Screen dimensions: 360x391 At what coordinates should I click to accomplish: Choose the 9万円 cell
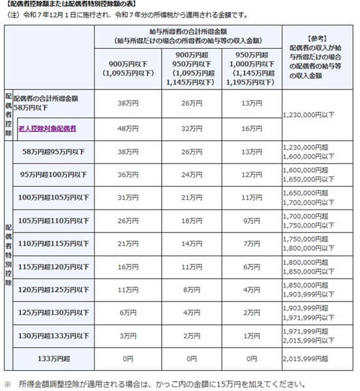tap(252, 221)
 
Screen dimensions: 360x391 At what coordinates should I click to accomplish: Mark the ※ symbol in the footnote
tap(8, 384)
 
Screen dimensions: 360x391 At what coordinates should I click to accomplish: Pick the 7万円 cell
tap(252, 243)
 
